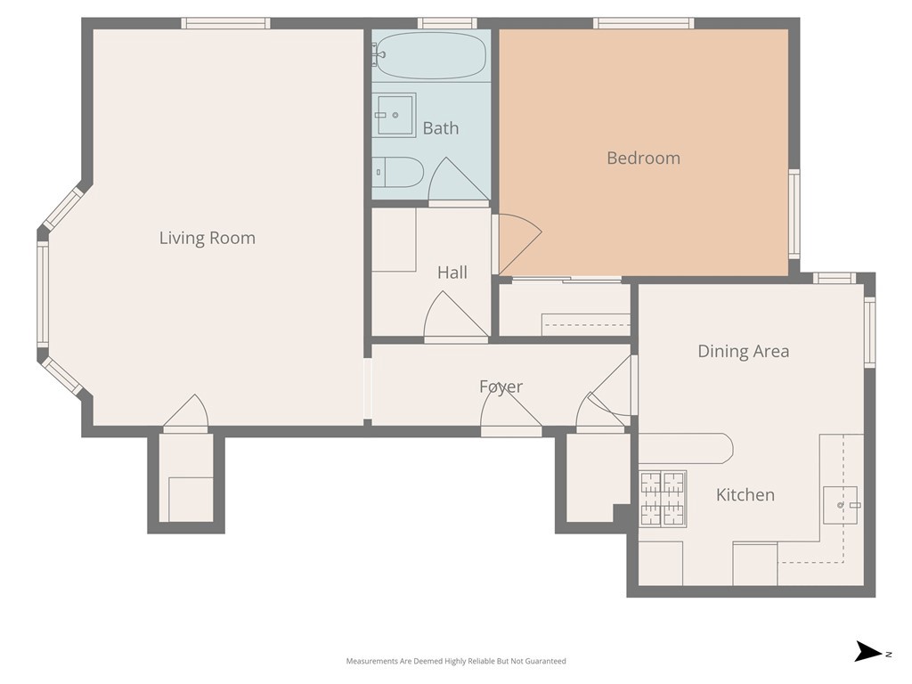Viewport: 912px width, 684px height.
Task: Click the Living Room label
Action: pos(207,238)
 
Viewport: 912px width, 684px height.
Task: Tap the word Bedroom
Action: pos(643,159)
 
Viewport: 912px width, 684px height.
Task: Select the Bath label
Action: pos(440,128)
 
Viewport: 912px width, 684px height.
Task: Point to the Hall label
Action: pos(452,273)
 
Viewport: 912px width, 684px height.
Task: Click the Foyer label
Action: pos(501,387)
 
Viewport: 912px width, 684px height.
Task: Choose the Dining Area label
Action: pos(744,351)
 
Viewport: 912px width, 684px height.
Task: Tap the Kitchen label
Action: pos(745,495)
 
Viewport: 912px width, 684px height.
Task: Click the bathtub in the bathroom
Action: pos(429,56)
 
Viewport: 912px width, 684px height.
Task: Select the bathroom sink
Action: pos(394,115)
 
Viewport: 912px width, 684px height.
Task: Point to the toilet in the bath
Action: pos(397,172)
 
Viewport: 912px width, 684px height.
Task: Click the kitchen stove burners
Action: pos(663,499)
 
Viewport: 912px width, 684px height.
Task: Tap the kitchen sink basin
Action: pos(841,506)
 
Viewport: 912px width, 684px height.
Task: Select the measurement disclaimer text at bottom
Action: pos(456,661)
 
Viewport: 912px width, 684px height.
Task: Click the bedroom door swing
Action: pos(520,244)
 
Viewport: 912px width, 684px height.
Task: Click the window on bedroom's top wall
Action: pos(643,23)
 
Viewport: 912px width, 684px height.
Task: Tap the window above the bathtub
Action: pos(447,23)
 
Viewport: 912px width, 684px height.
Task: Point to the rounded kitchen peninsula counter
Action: pos(686,449)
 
